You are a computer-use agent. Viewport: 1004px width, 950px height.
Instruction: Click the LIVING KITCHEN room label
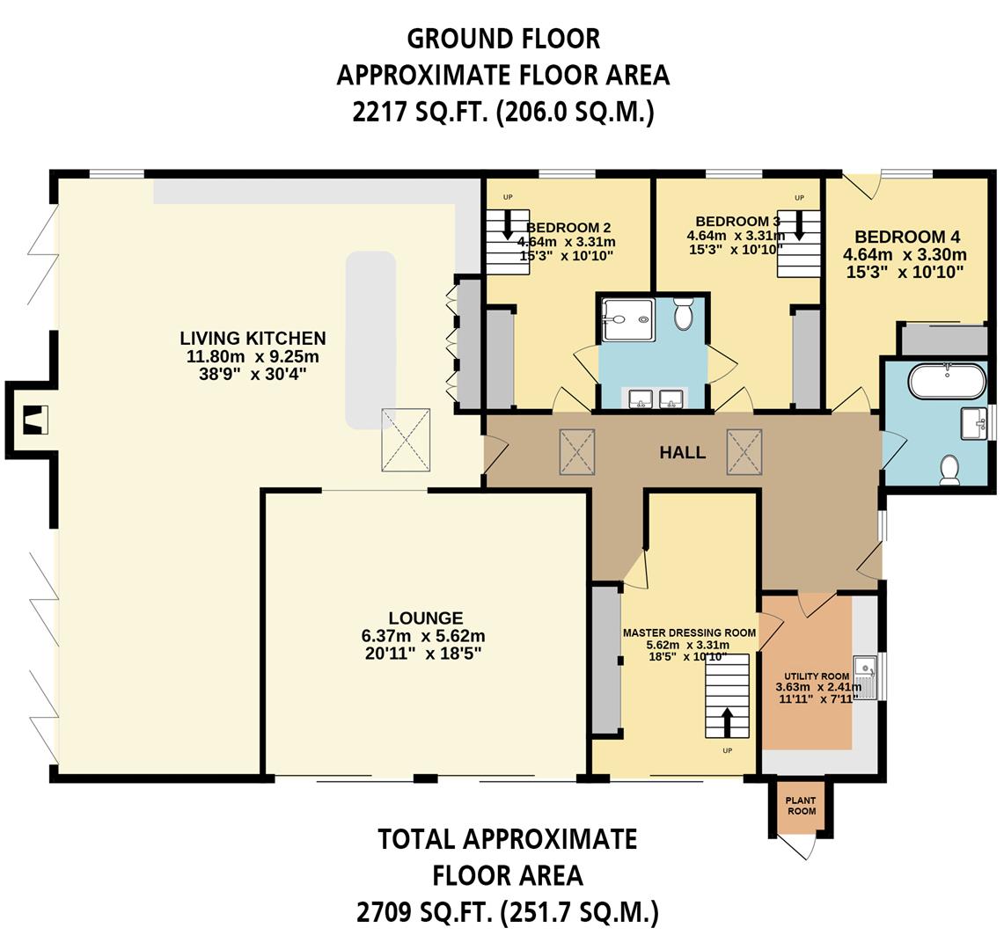click(x=253, y=339)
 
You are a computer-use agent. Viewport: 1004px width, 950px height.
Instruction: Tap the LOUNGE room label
click(x=426, y=618)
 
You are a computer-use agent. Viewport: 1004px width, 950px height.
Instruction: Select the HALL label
click(x=683, y=453)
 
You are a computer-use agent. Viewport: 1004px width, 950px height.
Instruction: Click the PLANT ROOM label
click(x=801, y=806)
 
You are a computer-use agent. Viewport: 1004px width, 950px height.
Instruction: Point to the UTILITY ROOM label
click(x=812, y=676)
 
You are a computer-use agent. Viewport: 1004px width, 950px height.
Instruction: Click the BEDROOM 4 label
click(x=906, y=237)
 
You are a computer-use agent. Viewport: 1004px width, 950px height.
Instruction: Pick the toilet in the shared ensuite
click(x=685, y=313)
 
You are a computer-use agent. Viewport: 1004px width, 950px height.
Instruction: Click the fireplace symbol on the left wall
click(x=33, y=421)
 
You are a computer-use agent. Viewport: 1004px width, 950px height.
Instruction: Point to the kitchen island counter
click(x=370, y=339)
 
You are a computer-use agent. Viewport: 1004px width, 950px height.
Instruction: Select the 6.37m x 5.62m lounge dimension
click(x=426, y=636)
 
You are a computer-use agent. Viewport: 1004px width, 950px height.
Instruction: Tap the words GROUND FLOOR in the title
click(x=503, y=39)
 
